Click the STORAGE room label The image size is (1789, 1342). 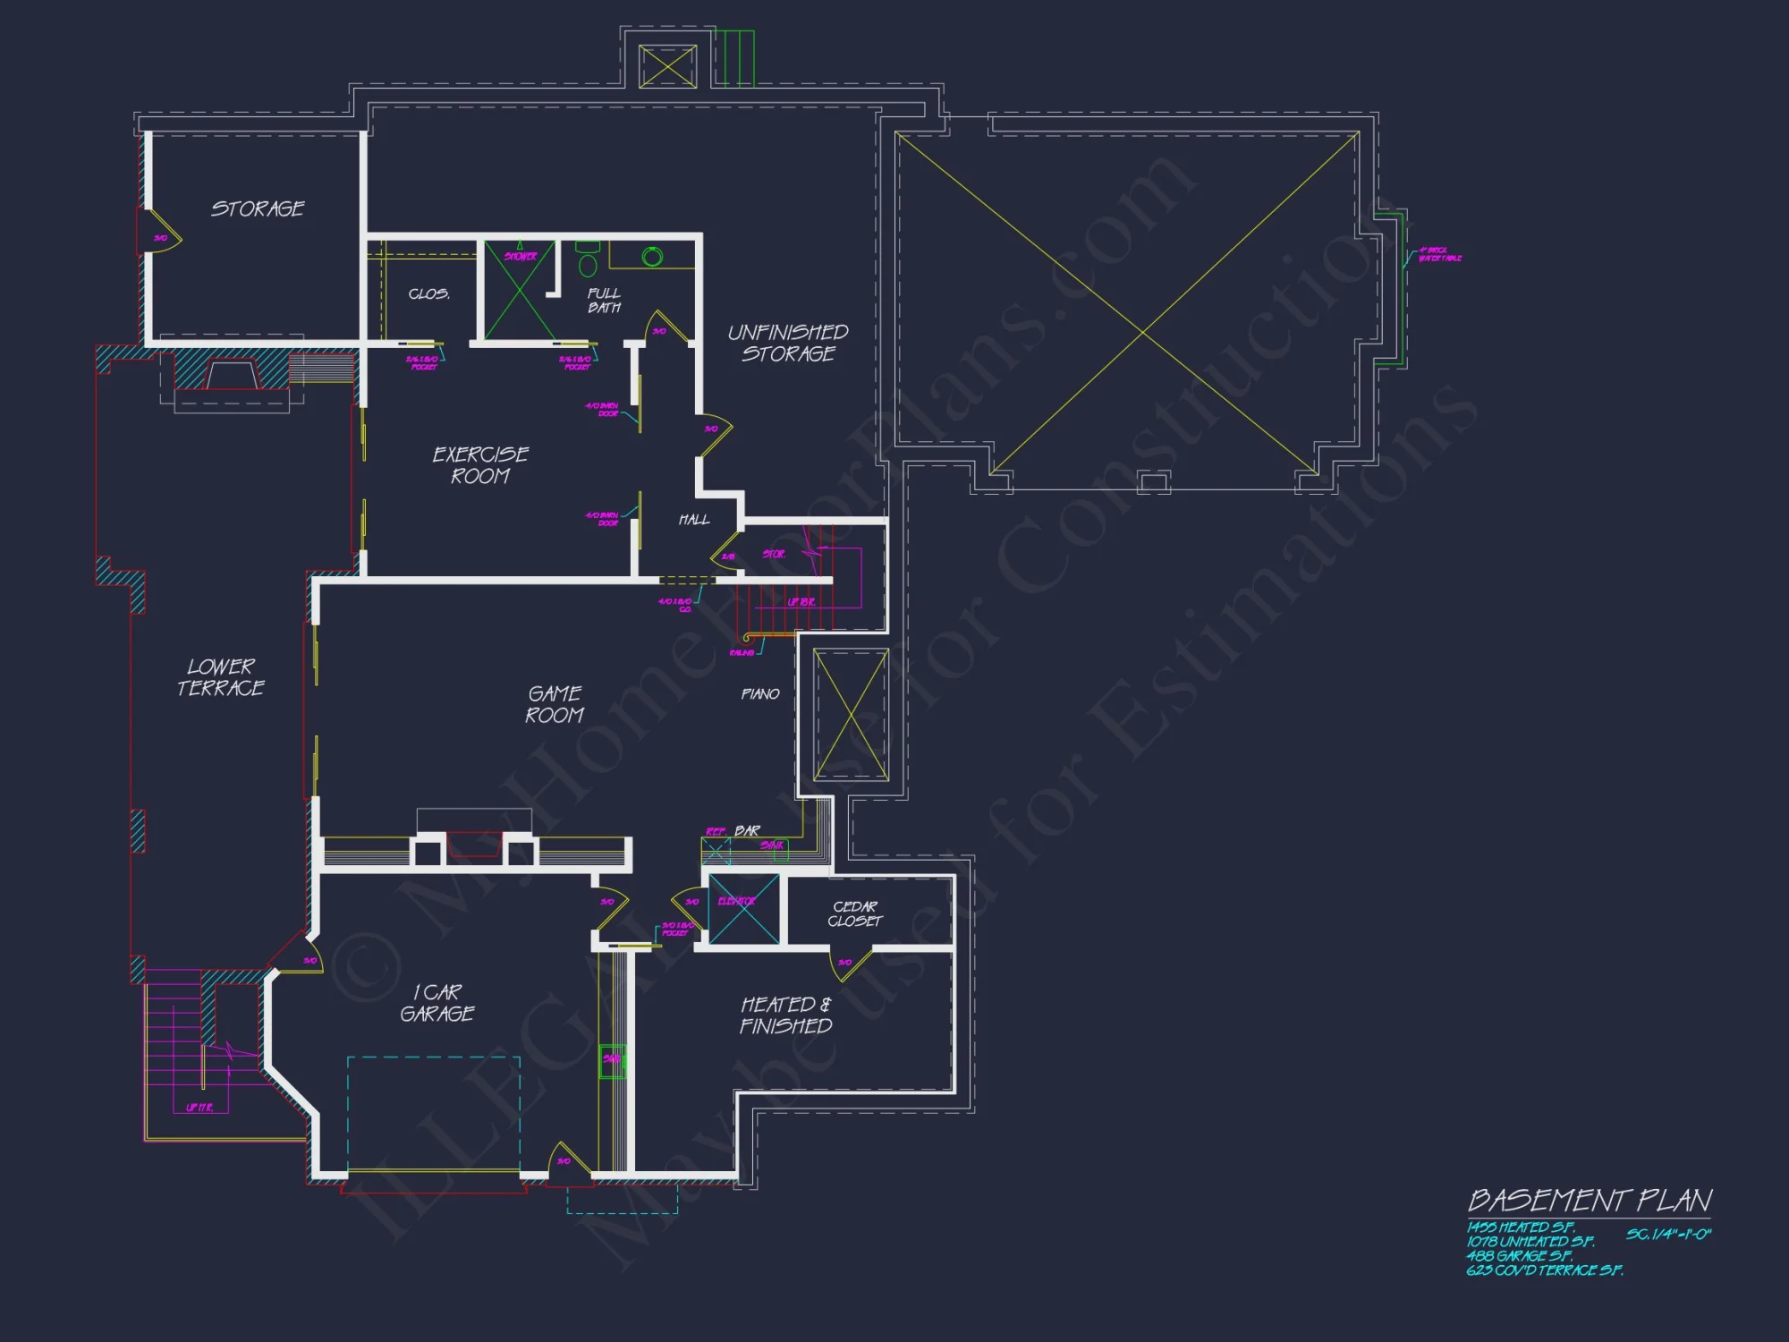tap(258, 208)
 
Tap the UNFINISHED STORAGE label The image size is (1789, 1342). tap(788, 343)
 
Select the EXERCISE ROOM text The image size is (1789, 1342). tap(480, 464)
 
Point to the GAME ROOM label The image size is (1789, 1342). tap(555, 704)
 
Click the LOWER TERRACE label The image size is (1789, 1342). tap(221, 677)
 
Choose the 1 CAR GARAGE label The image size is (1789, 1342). tap(437, 1003)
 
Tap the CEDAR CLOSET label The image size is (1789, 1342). tap(855, 913)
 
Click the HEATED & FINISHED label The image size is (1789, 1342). tap(786, 1015)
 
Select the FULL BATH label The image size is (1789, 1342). tap(604, 300)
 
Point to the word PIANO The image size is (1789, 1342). tap(760, 693)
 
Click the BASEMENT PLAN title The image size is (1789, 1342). tap(1590, 1200)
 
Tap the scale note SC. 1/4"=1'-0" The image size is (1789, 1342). tap(1668, 1235)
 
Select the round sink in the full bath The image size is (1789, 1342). tap(652, 257)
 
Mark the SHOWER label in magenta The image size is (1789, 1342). tap(521, 256)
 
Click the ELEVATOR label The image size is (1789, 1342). tap(737, 901)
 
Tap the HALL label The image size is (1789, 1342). tap(694, 519)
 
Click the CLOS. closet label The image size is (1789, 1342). tap(428, 293)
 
